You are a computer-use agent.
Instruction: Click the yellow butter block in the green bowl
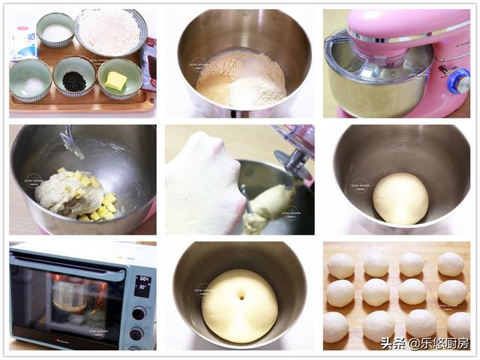tap(115, 80)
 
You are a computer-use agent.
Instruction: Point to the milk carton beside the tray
tap(23, 42)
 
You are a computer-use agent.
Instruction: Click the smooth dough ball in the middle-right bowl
tap(400, 199)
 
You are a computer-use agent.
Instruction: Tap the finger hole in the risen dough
tap(240, 297)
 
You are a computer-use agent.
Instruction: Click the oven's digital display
tap(142, 285)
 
